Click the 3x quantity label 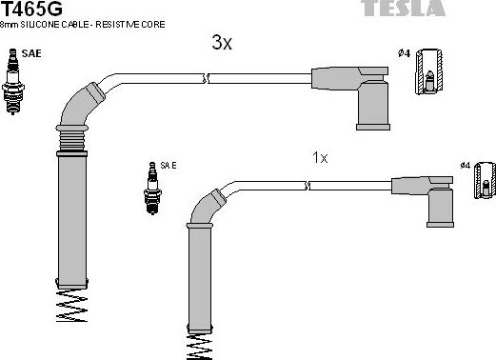221,43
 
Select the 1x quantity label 320,157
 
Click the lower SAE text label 169,165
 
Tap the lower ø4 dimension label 466,166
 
